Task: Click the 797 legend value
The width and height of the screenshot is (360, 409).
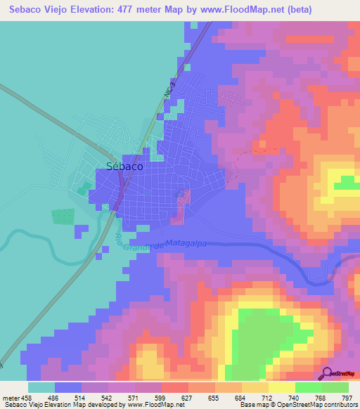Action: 346,397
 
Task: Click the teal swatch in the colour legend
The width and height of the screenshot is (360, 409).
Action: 41,387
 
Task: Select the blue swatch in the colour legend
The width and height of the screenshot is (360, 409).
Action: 68,387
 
